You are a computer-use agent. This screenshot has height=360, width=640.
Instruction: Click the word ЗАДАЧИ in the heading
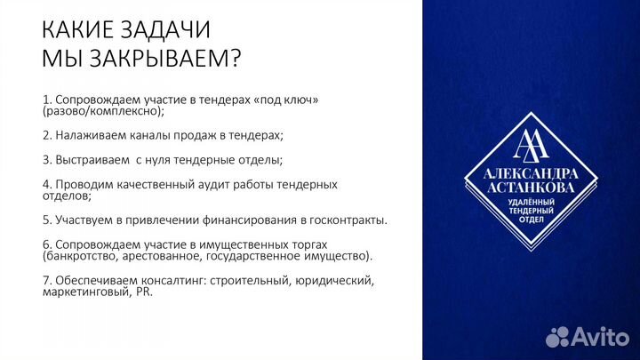point(161,30)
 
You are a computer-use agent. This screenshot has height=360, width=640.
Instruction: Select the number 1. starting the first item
point(46,99)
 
